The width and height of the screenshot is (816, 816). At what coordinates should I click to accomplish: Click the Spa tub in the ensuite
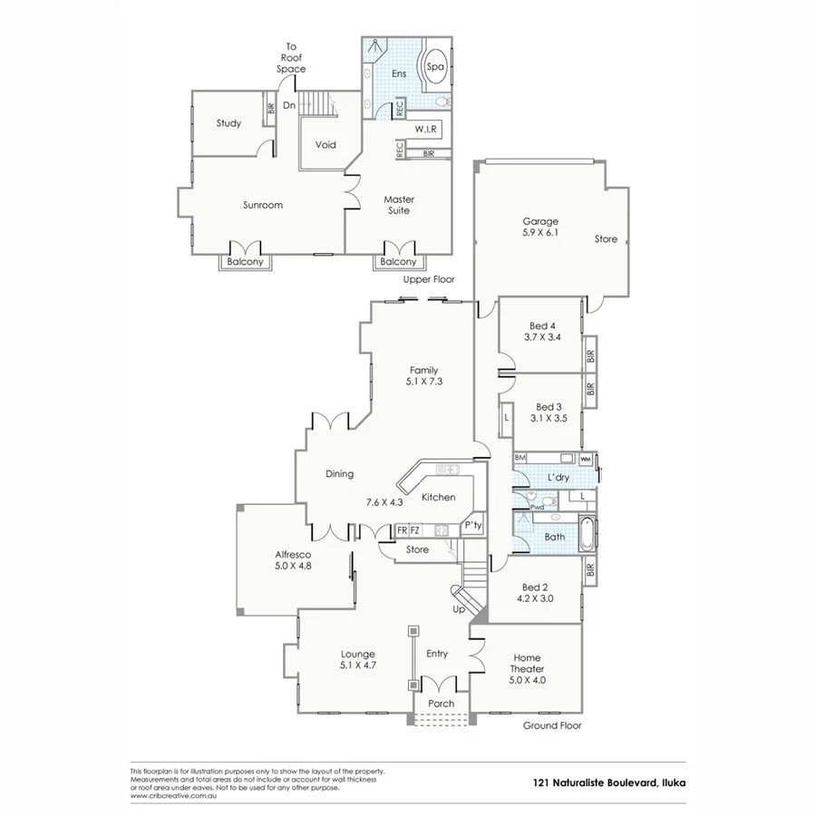pos(436,67)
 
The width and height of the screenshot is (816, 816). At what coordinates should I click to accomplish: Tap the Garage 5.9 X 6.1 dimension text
pos(539,233)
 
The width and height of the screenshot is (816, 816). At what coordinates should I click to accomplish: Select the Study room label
pos(228,123)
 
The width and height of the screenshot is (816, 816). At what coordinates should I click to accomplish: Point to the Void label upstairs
pos(325,145)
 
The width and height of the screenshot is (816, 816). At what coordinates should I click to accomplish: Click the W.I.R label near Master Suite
pos(427,130)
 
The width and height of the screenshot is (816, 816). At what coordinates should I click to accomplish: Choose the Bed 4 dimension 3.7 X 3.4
pos(541,337)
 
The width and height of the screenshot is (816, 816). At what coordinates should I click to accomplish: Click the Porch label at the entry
pos(441,704)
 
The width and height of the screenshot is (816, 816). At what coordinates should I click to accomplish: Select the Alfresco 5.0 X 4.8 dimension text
pos(293,565)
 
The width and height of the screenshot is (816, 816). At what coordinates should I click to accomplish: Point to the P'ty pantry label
pos(472,526)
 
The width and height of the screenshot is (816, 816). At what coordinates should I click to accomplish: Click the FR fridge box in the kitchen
pos(402,530)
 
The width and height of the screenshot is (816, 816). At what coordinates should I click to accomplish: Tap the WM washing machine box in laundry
pos(585,459)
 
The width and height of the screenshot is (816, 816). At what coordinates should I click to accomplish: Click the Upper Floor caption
pos(429,280)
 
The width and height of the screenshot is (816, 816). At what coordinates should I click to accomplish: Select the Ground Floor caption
pos(552,725)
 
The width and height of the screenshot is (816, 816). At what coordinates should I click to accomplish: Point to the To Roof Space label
pos(291,57)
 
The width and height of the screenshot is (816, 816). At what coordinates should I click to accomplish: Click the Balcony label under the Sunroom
pos(245,262)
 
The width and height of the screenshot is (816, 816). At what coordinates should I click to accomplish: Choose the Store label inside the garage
pos(606,239)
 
